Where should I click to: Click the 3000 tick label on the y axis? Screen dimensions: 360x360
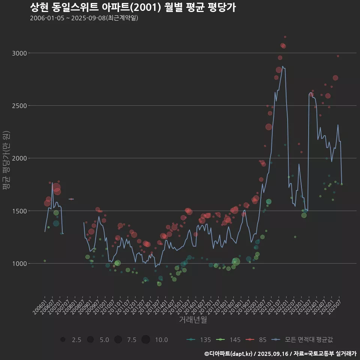point(19,53)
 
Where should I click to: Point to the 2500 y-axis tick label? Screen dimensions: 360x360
point(19,106)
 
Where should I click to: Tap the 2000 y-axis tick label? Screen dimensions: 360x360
point(19,158)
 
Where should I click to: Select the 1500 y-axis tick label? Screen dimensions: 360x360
point(19,211)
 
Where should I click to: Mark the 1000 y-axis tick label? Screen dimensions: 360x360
point(19,264)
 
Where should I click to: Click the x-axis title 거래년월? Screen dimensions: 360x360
point(193,320)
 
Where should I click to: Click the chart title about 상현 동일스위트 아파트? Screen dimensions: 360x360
point(133,7)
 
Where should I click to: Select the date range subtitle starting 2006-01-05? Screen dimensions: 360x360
point(84,18)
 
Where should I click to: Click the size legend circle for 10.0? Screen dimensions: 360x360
point(146,340)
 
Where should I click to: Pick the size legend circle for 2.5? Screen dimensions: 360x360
point(63,340)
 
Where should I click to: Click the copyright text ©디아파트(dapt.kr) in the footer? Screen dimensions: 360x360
point(229,353)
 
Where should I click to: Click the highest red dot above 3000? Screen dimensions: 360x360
point(285,37)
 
